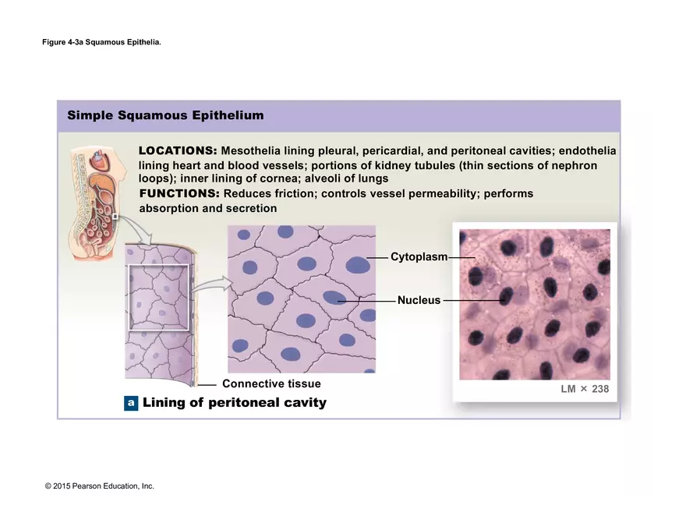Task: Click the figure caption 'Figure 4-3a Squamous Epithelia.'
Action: point(101,42)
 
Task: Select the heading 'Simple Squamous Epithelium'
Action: point(165,115)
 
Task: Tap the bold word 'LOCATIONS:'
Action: point(178,150)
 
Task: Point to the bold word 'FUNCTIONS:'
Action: point(179,193)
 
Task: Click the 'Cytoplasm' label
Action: point(419,257)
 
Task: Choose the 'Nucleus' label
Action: point(419,300)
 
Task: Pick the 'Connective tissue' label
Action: point(271,383)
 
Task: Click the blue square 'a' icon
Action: point(131,403)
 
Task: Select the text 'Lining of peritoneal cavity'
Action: point(234,403)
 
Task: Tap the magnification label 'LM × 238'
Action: point(585,389)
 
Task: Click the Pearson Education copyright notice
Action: point(100,486)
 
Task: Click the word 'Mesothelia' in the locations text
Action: point(250,150)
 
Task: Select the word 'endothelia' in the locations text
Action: point(587,150)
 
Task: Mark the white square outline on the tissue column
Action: point(159,297)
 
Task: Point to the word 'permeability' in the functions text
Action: point(440,193)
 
